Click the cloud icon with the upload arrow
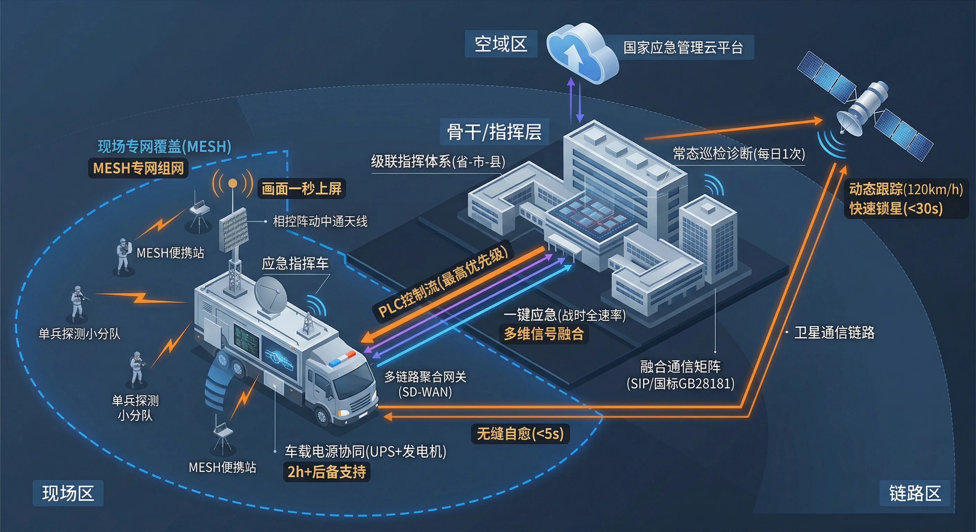click(582, 53)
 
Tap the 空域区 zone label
click(501, 44)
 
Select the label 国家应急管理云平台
click(683, 48)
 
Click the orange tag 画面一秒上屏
click(302, 188)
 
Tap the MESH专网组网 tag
click(138, 168)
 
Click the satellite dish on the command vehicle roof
click(270, 294)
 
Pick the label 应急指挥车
click(295, 264)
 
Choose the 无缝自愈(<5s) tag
click(520, 434)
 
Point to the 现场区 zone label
click(68, 493)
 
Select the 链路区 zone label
click(915, 493)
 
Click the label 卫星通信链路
click(834, 332)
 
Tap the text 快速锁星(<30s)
click(896, 209)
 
